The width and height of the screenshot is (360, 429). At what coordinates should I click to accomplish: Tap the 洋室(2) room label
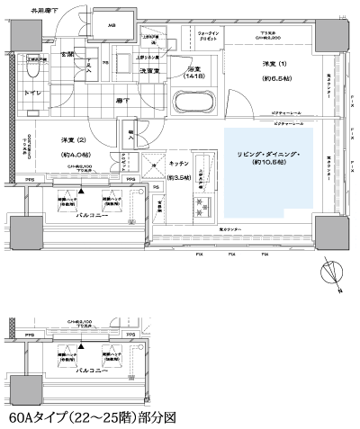pos(73,140)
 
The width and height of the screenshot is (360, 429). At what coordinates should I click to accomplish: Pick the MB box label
pos(112,25)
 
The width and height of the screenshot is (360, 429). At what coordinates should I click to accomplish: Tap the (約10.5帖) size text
pos(267,168)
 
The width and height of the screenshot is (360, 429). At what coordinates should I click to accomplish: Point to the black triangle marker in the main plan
pos(80,191)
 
